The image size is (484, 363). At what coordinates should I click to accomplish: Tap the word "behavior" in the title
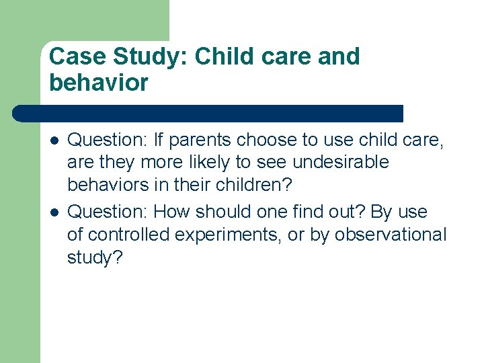pos(99,83)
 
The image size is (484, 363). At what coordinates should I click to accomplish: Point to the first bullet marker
pos(54,140)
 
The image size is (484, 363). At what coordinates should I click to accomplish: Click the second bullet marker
pos(54,212)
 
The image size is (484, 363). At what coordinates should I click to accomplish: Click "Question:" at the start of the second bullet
pos(108,212)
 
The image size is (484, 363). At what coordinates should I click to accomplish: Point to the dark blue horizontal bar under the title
pos(208,113)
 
